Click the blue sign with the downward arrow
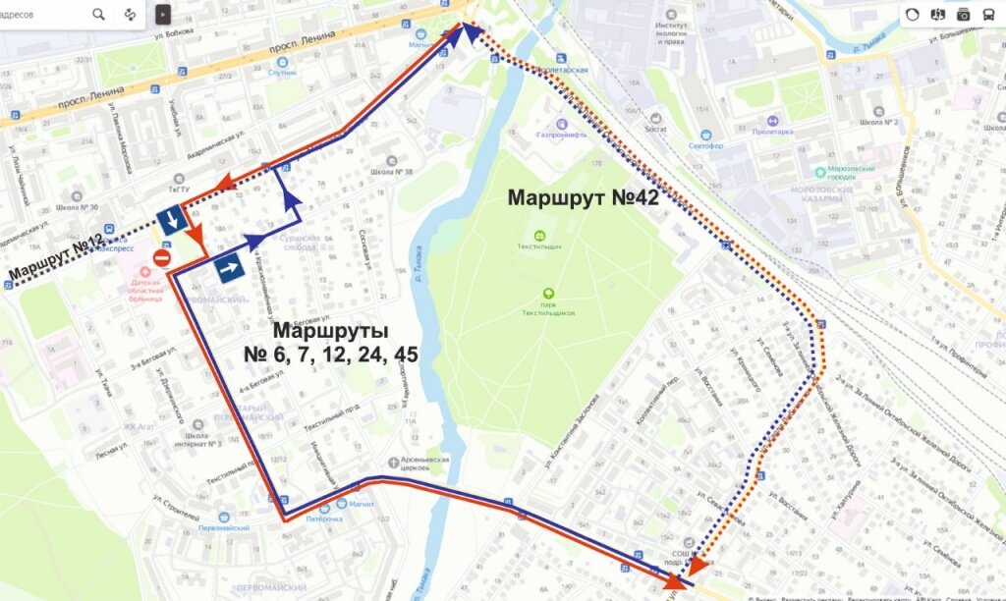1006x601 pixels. coord(172,220)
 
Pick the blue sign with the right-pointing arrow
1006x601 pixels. coord(231,267)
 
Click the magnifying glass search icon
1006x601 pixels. coord(99,14)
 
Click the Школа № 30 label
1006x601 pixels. coord(78,207)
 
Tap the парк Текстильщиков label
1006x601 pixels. coord(548,312)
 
